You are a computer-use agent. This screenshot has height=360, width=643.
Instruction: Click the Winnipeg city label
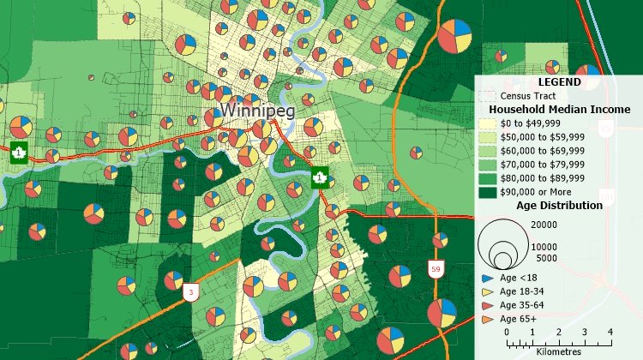point(247,111)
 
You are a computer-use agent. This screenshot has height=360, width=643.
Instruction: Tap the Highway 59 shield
point(436,270)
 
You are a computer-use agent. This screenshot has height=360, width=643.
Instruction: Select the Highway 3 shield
point(189,292)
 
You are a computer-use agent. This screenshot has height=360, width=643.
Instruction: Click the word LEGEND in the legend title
point(559,82)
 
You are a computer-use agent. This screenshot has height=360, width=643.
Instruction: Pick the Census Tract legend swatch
point(486,96)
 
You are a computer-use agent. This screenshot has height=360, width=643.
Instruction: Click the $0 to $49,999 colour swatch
point(486,123)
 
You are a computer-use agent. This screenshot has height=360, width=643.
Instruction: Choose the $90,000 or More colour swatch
point(486,192)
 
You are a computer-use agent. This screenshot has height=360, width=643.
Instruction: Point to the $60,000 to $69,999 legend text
point(542,151)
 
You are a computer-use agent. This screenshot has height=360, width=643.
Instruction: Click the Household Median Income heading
point(559,110)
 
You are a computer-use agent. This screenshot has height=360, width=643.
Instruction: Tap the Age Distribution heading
point(559,206)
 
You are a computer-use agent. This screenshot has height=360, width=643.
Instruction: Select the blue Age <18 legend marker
point(486,279)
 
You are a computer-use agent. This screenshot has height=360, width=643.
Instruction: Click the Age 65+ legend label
point(520,319)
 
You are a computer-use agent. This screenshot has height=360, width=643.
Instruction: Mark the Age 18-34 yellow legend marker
point(486,292)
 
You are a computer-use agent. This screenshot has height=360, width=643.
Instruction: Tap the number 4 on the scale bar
point(610,332)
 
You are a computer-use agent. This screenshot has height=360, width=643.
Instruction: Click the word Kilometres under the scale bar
point(558,352)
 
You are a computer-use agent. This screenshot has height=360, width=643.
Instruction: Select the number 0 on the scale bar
point(507,332)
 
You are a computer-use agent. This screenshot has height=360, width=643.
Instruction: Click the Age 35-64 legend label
point(524,305)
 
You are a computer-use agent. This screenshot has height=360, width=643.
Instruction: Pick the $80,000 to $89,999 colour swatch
point(486,178)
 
